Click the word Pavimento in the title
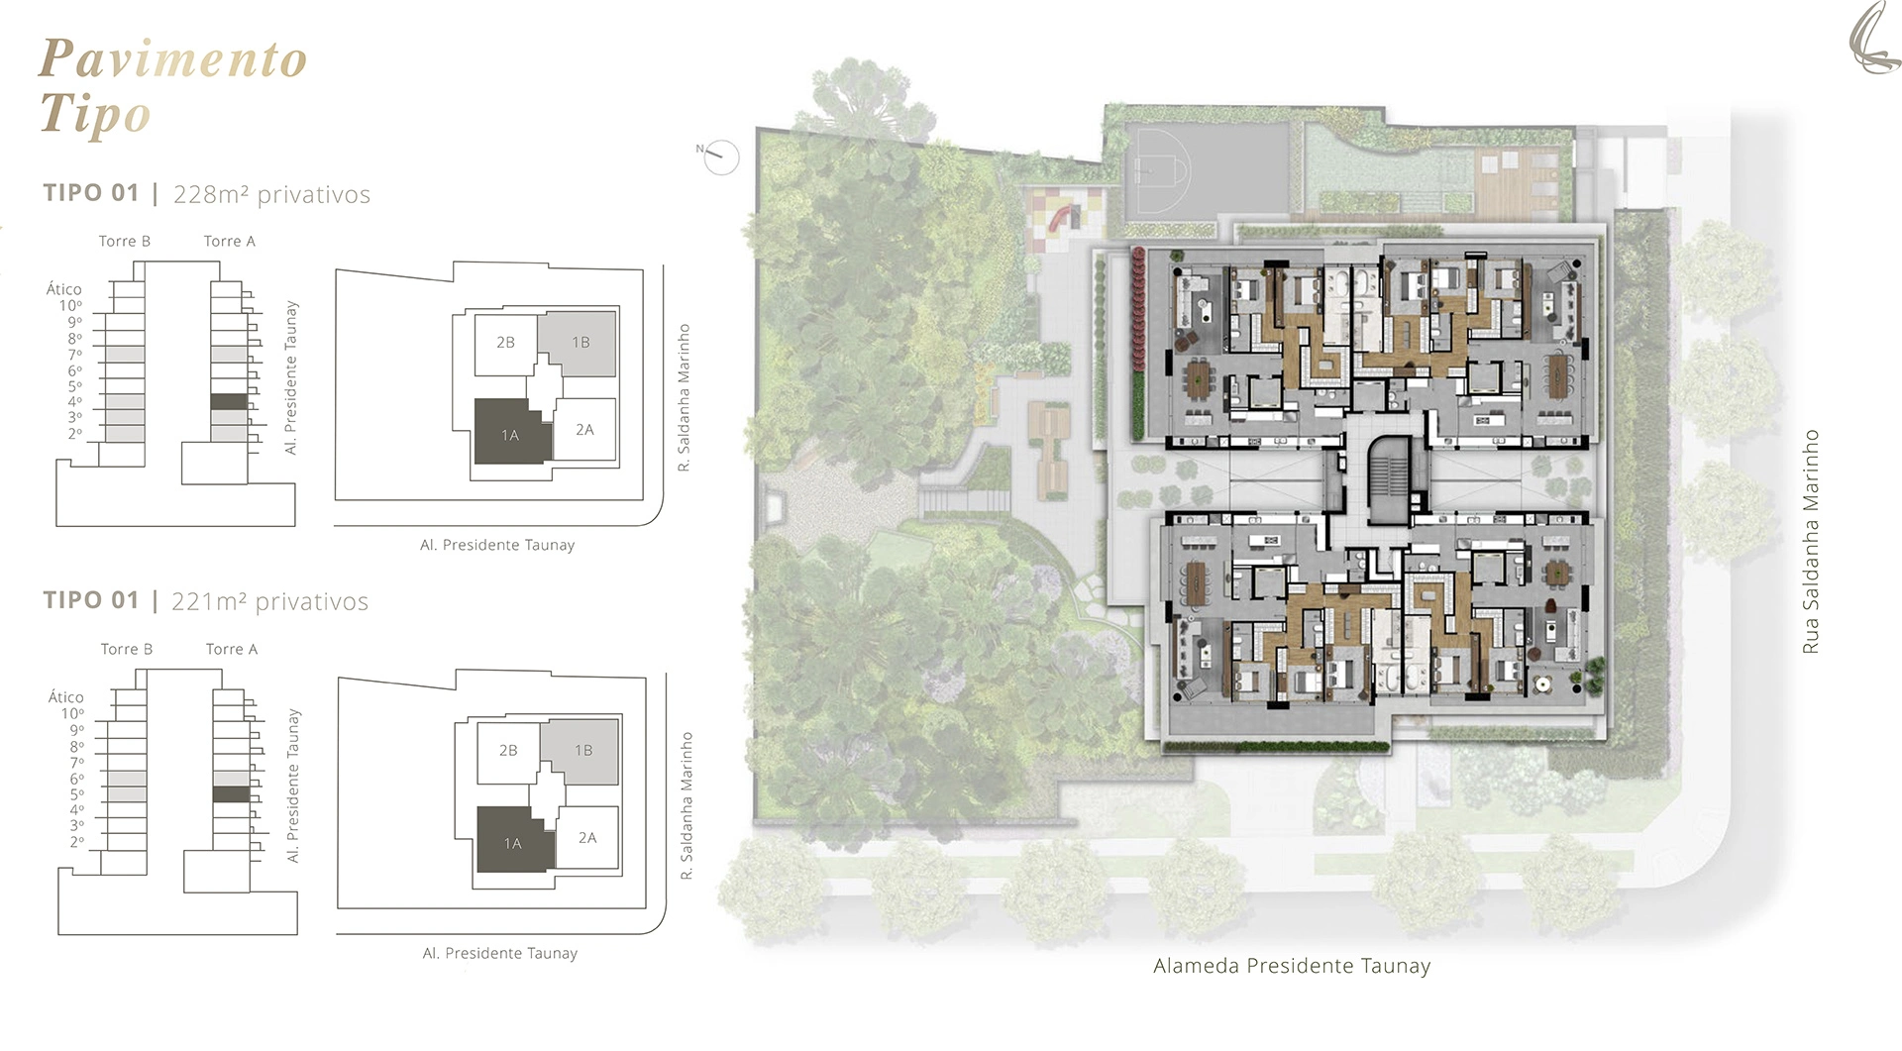click(x=173, y=59)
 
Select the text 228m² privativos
click(x=271, y=194)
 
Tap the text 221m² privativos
click(x=269, y=601)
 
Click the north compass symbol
click(x=721, y=157)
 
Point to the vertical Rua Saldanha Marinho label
click(x=1811, y=541)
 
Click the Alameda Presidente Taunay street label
click(x=1292, y=966)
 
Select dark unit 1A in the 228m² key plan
click(x=511, y=432)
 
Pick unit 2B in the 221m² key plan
click(x=508, y=751)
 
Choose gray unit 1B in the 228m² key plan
click(x=578, y=343)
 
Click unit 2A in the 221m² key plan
click(x=587, y=838)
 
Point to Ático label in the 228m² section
click(x=64, y=289)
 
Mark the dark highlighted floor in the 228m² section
click(x=229, y=402)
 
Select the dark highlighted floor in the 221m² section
click(x=231, y=794)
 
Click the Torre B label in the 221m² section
click(x=127, y=649)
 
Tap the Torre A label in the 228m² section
click(x=230, y=241)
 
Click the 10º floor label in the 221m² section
click(x=72, y=713)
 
